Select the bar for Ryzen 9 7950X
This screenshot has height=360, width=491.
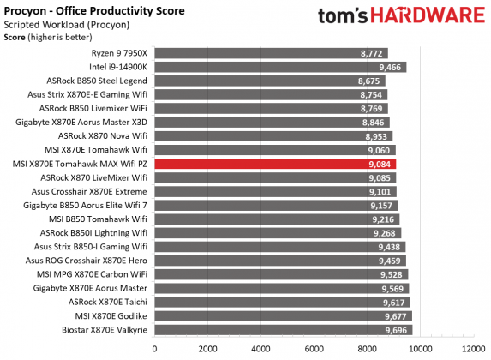270,53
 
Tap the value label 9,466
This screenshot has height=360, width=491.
390,67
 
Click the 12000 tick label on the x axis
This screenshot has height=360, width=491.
472,349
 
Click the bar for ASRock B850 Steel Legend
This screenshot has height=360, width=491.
269,81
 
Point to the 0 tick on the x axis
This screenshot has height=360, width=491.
154,349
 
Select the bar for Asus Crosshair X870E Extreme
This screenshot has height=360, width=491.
275,191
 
